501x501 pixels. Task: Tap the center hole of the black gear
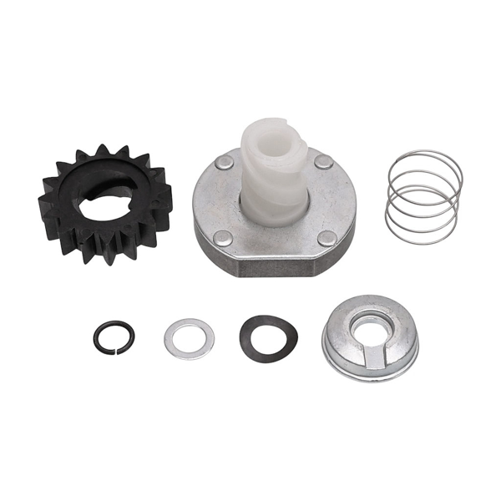pyautogui.click(x=100, y=198)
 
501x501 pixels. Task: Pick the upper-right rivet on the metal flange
pyautogui.click(x=323, y=161)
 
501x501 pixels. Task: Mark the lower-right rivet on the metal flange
pyautogui.click(x=327, y=237)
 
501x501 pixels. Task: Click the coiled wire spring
pyautogui.click(x=423, y=197)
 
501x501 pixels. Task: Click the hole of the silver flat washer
pyautogui.click(x=189, y=337)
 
